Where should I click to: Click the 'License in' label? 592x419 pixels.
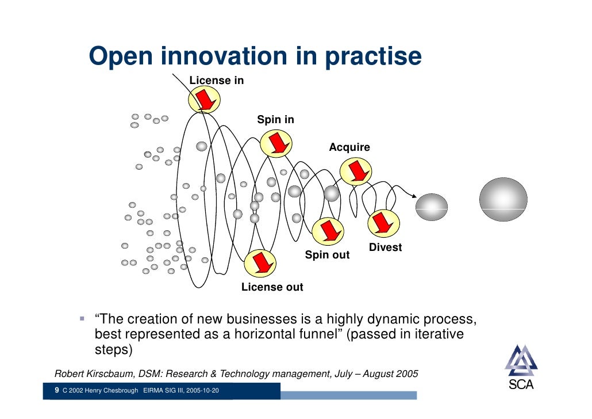tap(217, 81)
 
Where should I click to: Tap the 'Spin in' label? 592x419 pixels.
tap(275, 120)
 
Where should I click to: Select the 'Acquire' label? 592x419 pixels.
tap(349, 147)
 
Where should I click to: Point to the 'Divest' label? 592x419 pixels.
tap(385, 247)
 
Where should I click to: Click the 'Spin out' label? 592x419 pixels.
tap(327, 255)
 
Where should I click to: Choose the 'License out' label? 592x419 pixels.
tap(272, 287)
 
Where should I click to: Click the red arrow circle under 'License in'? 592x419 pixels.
tap(204, 101)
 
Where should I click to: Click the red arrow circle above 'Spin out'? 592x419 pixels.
tap(329, 231)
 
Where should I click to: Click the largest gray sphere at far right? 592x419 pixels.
tap(503, 200)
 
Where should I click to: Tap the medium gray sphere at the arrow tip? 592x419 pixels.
tap(432, 207)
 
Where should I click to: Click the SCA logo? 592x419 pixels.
tap(521, 368)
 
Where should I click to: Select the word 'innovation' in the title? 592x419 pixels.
tap(223, 56)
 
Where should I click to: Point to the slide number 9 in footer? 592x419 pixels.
tap(56, 391)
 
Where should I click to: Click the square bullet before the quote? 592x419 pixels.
tap(82, 318)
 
